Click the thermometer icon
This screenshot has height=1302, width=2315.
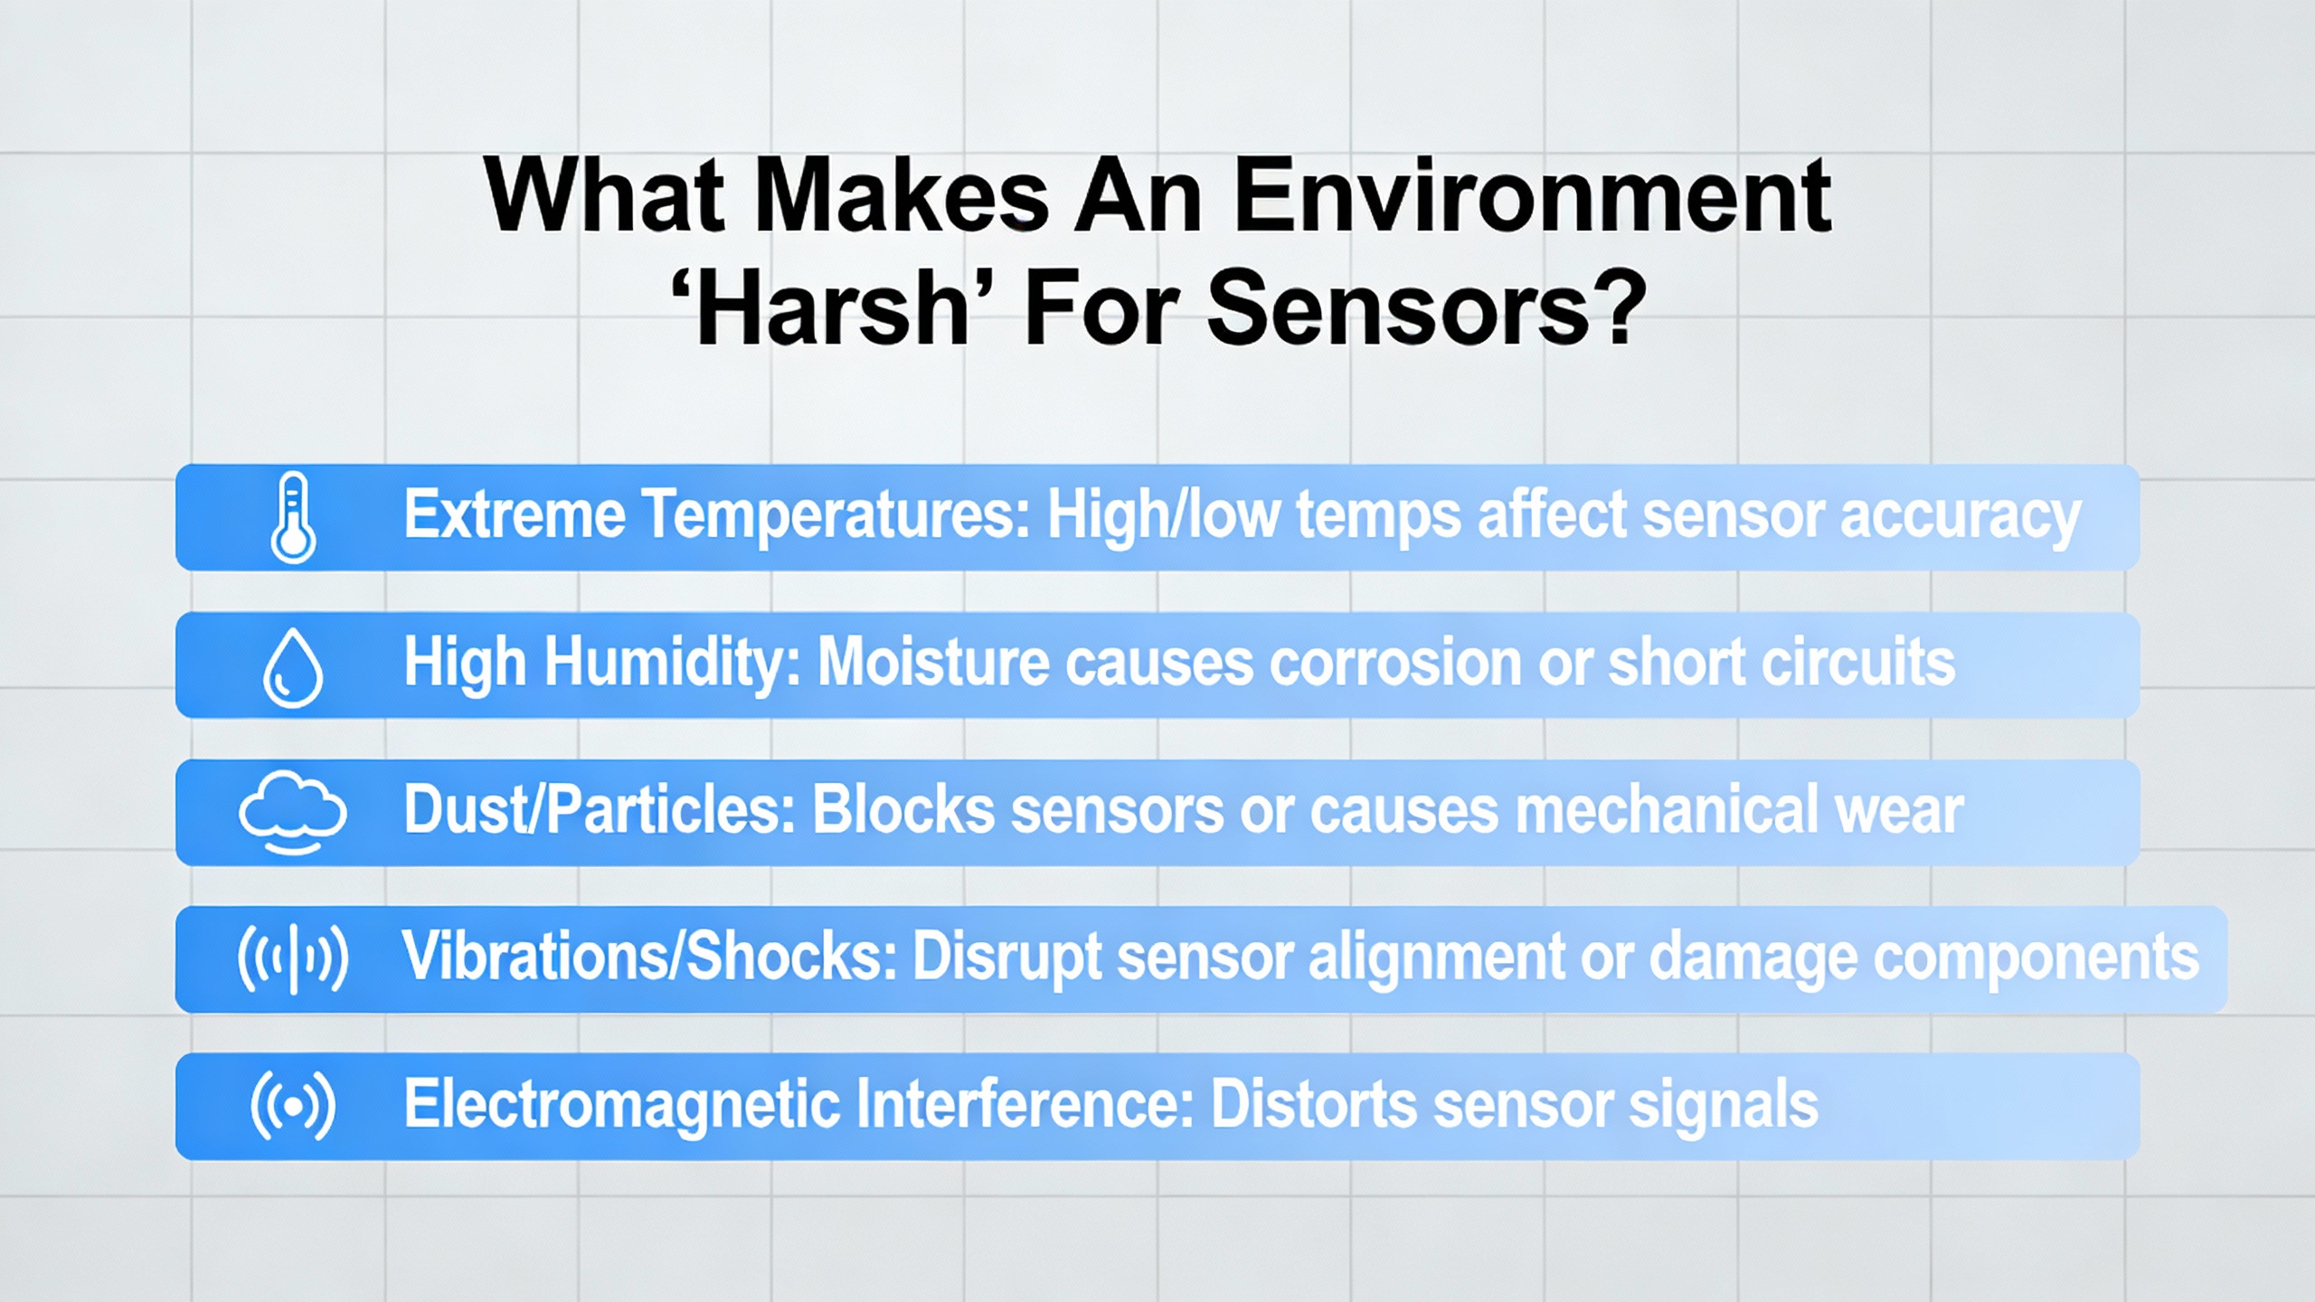click(x=293, y=517)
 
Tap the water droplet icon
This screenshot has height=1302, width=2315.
click(x=292, y=668)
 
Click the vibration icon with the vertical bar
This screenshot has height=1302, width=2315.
click(x=292, y=958)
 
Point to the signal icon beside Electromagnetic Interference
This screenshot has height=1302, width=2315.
click(x=292, y=1106)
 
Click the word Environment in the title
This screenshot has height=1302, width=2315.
click(x=1532, y=196)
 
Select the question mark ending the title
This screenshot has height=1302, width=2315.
click(x=1617, y=309)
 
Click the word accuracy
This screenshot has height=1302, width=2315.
click(x=1961, y=517)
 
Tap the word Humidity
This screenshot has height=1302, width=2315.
click(x=673, y=664)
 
